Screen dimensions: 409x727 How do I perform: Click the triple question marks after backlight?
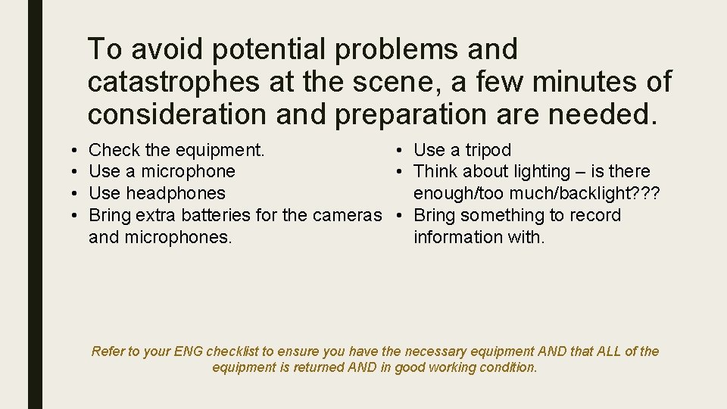[x=644, y=193]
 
